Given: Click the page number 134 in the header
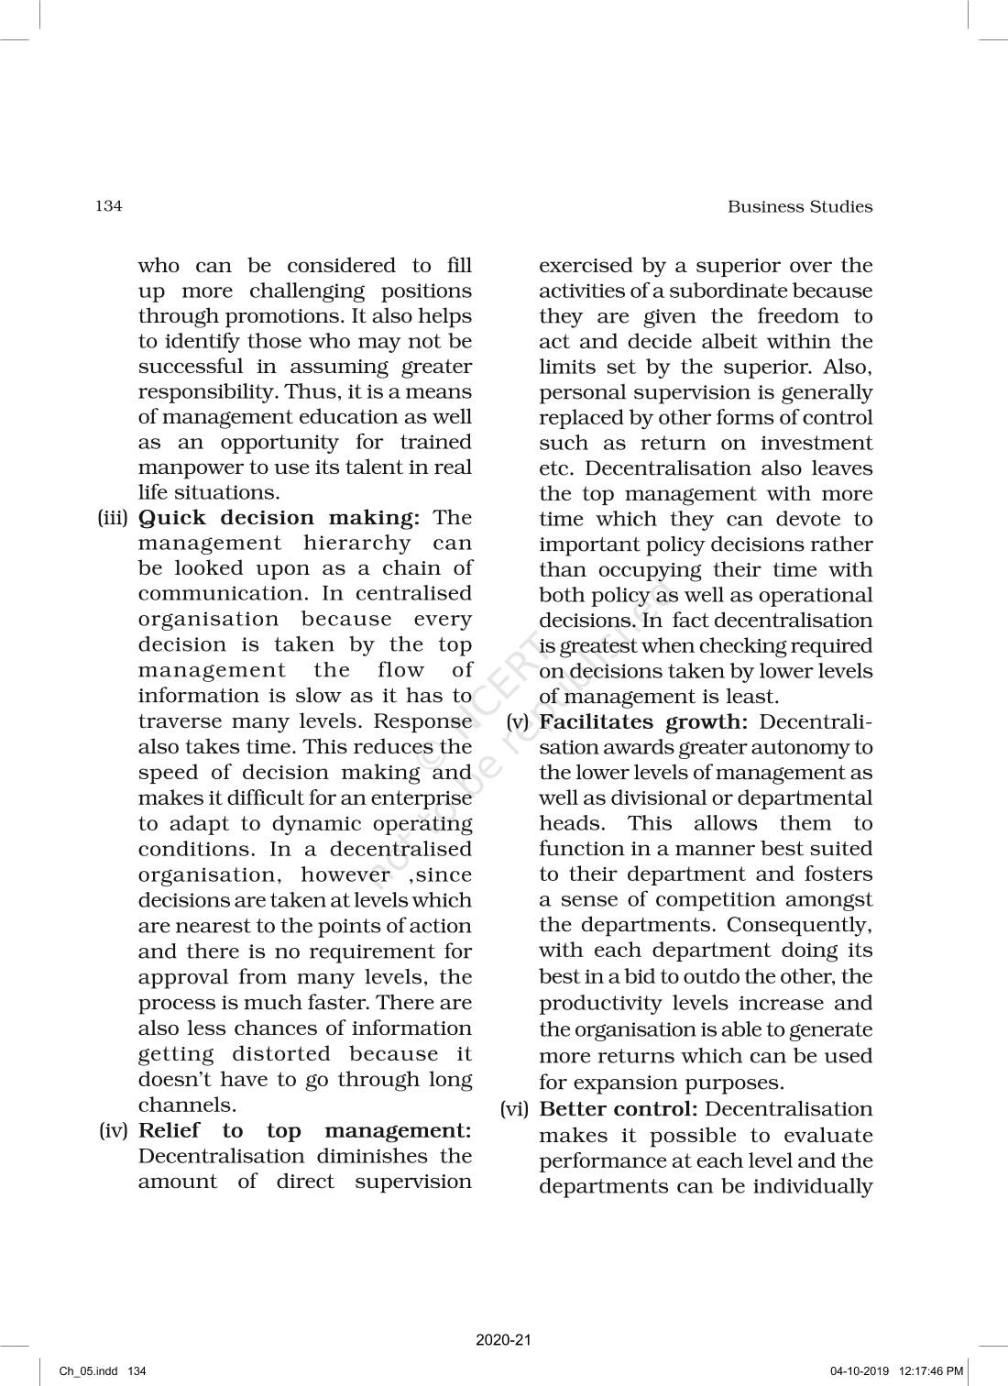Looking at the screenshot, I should (108, 206).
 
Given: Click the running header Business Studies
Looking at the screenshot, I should (799, 207).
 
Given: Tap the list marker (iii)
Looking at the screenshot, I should (115, 519).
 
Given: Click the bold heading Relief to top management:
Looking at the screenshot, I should (304, 1131).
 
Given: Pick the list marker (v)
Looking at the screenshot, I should (519, 722).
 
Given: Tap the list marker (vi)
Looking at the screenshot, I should (515, 1110).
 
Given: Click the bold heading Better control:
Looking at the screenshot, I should (619, 1110).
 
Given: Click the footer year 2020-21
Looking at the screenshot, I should (503, 1340).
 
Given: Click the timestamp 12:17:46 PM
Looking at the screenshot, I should (931, 1371).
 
